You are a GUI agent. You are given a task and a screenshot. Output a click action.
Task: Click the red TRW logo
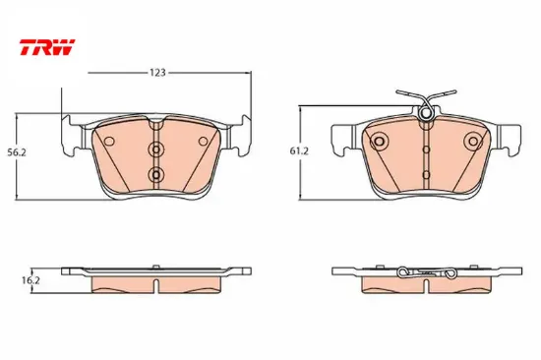(x=47, y=47)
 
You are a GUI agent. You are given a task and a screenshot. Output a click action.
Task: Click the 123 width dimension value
(x=157, y=73)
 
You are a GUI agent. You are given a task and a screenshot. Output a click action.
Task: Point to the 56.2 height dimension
(x=17, y=152)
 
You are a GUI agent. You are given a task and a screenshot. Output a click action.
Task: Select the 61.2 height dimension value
(x=299, y=151)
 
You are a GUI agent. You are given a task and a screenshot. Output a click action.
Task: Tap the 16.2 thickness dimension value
(x=30, y=280)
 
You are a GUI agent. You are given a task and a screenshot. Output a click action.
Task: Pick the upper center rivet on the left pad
(x=156, y=150)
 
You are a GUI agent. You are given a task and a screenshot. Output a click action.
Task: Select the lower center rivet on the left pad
(x=156, y=175)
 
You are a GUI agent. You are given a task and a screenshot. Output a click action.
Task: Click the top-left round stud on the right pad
(x=379, y=142)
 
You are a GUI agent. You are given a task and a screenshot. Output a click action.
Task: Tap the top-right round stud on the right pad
(x=473, y=142)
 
